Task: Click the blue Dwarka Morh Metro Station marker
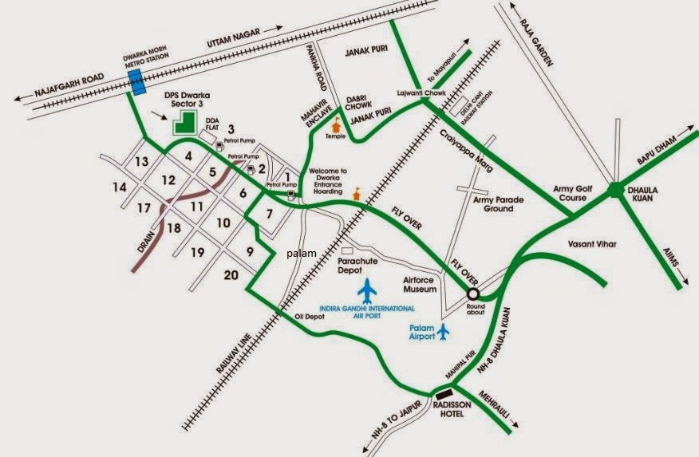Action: (x=136, y=82)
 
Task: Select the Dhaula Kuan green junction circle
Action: (x=615, y=190)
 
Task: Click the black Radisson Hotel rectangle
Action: (x=444, y=393)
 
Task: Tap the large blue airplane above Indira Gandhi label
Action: (x=367, y=291)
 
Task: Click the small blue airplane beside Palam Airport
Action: (x=444, y=331)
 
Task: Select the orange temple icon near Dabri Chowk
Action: (x=337, y=124)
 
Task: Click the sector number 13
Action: (x=142, y=162)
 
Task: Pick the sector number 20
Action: (x=231, y=275)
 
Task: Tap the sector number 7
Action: (x=270, y=214)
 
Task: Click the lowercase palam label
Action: (x=302, y=254)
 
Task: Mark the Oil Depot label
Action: (x=311, y=317)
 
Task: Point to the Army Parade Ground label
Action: (x=499, y=204)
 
